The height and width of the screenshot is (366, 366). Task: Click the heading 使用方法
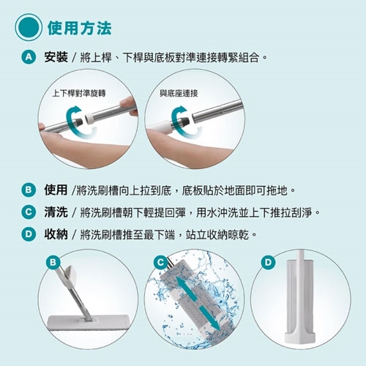[x=80, y=29]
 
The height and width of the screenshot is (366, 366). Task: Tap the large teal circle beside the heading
[x=29, y=27]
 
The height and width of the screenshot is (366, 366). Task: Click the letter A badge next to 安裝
[x=29, y=57]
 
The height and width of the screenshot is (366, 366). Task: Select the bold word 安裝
[x=56, y=57]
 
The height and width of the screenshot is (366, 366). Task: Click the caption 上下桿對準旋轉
[x=79, y=93]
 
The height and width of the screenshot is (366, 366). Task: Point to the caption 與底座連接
[x=179, y=93]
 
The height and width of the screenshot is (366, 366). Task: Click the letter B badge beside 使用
[x=29, y=190]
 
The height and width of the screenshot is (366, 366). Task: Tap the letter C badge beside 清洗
[x=29, y=212]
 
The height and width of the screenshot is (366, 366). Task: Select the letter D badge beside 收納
[x=29, y=234]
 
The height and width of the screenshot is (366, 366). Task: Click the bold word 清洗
[x=56, y=212]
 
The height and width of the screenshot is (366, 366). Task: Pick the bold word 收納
[x=56, y=234]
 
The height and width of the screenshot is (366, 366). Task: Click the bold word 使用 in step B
[x=56, y=190]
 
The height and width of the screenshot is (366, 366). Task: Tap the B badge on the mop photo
[x=53, y=263]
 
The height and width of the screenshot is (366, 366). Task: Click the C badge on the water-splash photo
[x=160, y=263]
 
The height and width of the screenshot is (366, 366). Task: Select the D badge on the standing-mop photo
[x=268, y=263]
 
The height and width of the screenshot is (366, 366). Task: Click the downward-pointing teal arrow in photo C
[x=210, y=318]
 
